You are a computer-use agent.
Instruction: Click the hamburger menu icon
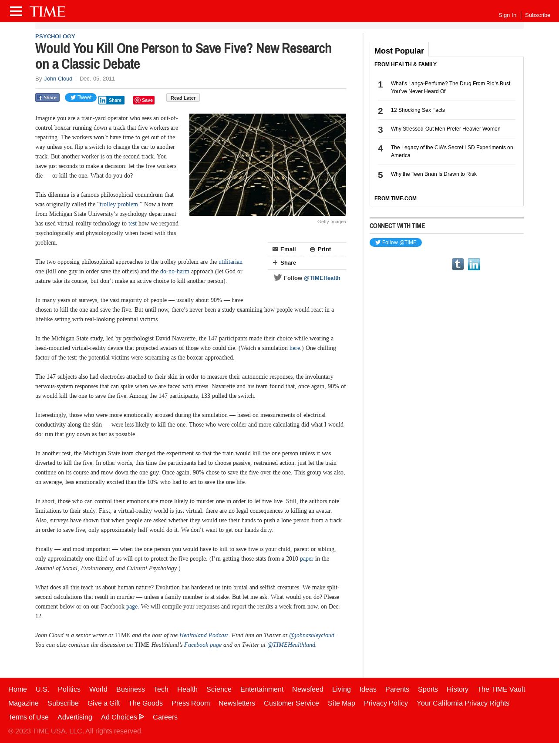coord(16,11)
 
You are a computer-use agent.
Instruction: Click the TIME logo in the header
coord(47,11)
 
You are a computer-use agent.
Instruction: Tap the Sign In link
coord(507,15)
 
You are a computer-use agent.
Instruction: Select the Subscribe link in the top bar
coord(537,15)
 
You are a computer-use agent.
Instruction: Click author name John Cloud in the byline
coord(58,79)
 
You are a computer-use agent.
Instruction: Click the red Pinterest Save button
coord(144,100)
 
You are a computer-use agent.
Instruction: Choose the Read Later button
coord(183,98)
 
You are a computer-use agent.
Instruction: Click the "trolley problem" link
coord(119,205)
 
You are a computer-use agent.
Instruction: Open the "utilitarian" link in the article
coord(230,262)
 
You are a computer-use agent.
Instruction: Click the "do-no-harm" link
coord(175,272)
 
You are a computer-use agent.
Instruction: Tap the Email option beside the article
coord(284,249)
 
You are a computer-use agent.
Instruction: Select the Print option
coord(321,249)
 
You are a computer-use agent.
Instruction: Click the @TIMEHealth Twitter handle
coord(322,278)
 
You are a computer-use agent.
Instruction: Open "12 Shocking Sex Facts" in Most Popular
coord(418,110)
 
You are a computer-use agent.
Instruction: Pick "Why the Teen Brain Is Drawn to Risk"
coord(434,174)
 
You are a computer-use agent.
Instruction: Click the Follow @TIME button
coord(395,242)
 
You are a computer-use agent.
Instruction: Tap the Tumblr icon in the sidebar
coord(458,264)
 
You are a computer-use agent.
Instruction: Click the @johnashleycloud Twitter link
coord(312,635)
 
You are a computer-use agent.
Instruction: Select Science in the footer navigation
coord(219,689)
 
